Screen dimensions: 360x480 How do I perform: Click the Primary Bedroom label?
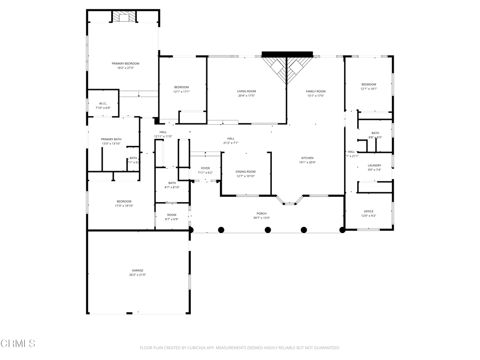click(x=125, y=63)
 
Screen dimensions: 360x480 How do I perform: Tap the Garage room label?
click(x=137, y=270)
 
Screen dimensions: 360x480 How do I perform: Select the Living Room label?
click(x=246, y=91)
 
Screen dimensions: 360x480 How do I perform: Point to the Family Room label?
click(x=315, y=91)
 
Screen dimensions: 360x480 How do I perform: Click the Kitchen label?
click(x=307, y=158)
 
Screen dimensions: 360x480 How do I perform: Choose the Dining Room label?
click(x=245, y=172)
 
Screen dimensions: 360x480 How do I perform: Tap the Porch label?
click(x=261, y=213)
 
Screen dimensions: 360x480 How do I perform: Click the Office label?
click(x=368, y=211)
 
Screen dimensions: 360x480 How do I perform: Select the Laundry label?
click(x=374, y=165)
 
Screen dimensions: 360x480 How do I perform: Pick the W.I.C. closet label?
click(x=103, y=104)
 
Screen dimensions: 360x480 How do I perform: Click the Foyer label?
click(x=205, y=168)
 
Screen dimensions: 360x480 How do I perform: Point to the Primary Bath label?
click(x=111, y=139)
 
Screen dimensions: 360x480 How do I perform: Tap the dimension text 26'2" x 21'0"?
click(x=137, y=275)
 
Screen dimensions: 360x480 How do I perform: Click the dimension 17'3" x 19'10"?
click(x=124, y=206)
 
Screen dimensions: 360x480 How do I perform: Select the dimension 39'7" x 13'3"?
click(x=261, y=217)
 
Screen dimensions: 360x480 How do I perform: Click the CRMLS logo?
click(x=18, y=344)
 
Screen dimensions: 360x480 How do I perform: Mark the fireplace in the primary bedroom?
click(x=124, y=17)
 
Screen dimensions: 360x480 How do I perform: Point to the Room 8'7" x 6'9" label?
click(x=172, y=215)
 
